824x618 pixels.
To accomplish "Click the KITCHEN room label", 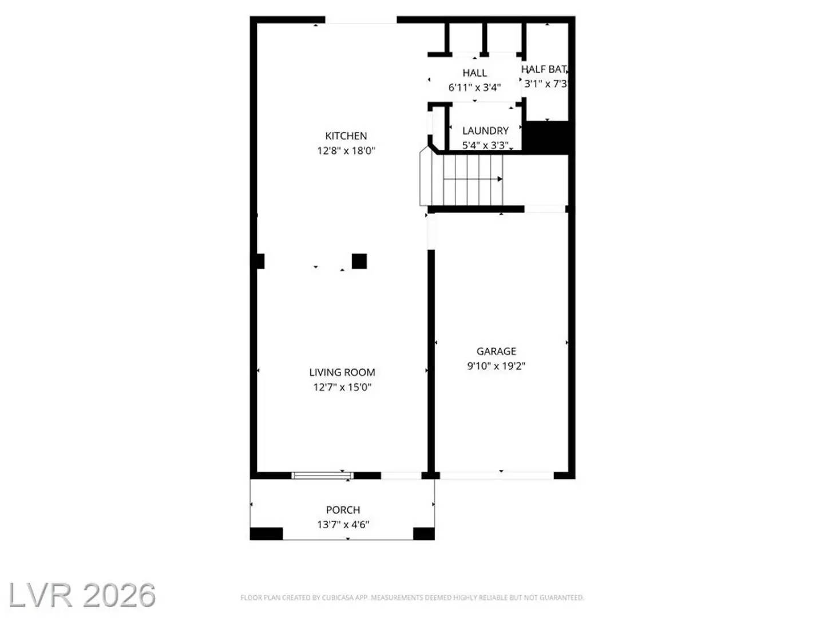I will click(346, 136).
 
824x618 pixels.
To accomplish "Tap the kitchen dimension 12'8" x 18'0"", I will click(346, 150).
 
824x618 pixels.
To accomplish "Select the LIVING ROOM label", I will click(342, 372).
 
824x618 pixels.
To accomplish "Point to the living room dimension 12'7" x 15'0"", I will click(342, 387).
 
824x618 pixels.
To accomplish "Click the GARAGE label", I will click(496, 351).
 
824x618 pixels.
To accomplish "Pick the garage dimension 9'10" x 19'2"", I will click(496, 366).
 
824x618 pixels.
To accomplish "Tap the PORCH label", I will click(343, 509).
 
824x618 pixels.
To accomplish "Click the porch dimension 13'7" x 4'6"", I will click(343, 524).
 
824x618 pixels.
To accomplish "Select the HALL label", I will click(474, 73).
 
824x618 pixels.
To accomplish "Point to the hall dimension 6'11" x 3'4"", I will click(474, 88).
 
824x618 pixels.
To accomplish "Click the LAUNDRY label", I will click(485, 130).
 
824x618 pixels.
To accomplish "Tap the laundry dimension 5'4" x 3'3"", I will click(485, 145).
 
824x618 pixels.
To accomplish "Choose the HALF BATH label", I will click(544, 69).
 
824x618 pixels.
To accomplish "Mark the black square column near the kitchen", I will click(359, 261).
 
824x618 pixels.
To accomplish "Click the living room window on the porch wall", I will click(322, 475).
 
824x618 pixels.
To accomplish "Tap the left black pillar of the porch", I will click(266, 533).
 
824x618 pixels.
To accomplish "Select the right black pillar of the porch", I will click(423, 533).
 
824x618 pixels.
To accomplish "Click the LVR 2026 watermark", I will click(82, 595).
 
